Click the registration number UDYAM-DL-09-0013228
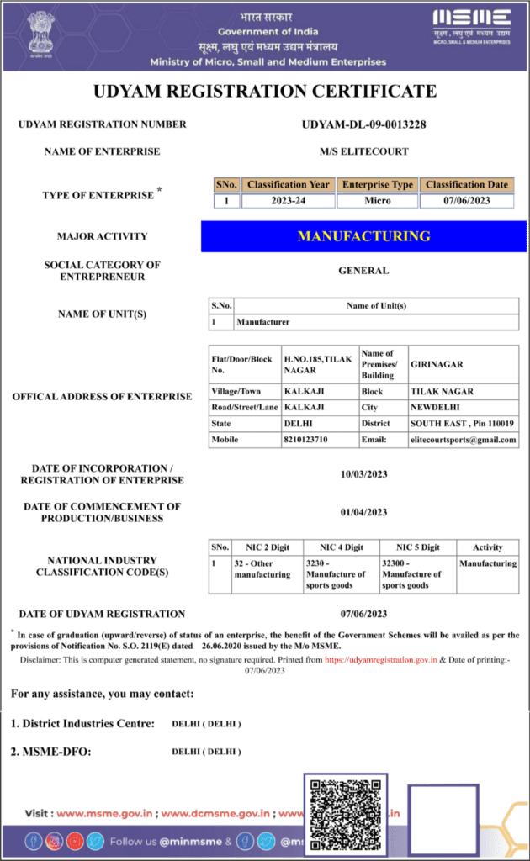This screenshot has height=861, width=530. coord(363,124)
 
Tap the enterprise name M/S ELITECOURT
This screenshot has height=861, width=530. coord(363,151)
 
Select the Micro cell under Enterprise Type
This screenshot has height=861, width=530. coord(378,201)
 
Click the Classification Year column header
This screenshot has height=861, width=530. coord(289,184)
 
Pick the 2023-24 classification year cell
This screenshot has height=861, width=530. coord(289,201)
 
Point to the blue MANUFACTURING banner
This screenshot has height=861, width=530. coord(363,236)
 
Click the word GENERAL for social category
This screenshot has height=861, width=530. coord(363,271)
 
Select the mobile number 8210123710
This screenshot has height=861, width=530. coord(305,440)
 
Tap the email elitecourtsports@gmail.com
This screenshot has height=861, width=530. coord(464,440)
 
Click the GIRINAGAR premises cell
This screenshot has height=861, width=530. coord(437,365)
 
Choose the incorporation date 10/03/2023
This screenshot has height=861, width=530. coord(363,474)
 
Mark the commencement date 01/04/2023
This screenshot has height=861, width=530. coord(363,512)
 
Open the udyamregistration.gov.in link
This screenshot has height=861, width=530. coord(381,661)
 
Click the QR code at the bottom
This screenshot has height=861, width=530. coord(345,812)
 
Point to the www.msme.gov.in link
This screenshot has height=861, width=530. coord(104,813)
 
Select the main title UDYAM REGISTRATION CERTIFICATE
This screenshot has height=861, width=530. coord(265,91)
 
